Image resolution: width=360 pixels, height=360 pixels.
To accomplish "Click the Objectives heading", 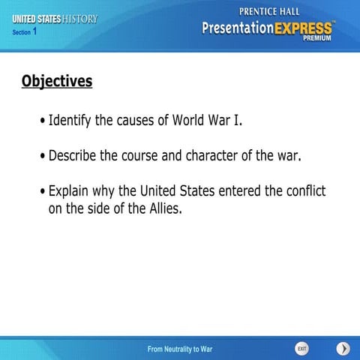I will tap(57, 81).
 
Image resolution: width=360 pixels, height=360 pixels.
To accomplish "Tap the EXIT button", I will tap(301, 349).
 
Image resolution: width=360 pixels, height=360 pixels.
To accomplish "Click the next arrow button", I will tap(343, 349).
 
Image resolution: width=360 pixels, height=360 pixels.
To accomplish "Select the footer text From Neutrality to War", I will tap(180, 349).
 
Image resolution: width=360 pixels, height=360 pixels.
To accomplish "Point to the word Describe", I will tap(74, 156).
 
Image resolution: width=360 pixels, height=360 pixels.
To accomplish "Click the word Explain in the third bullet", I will tap(70, 191).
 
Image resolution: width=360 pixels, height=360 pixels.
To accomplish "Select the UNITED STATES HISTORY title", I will tap(55, 19).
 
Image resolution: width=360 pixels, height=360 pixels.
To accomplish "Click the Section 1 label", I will tap(25, 32).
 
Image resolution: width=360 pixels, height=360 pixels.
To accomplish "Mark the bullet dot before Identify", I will tap(42, 121).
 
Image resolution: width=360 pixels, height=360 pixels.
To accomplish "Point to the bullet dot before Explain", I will tap(42, 192).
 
